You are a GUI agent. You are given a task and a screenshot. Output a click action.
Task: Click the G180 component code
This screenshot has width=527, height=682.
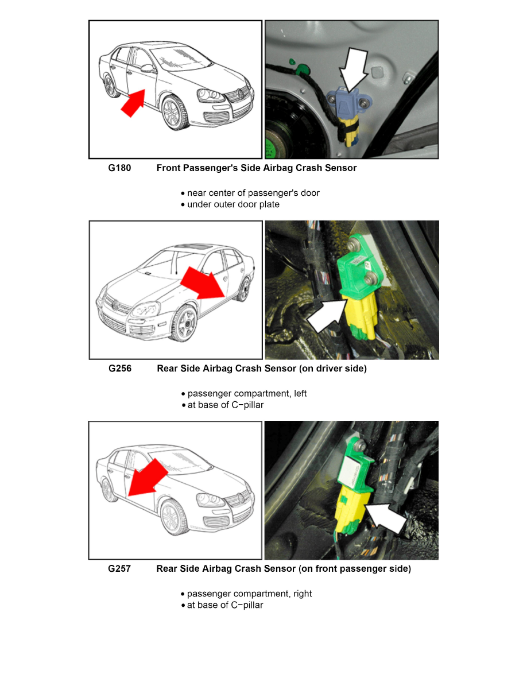pos(119,168)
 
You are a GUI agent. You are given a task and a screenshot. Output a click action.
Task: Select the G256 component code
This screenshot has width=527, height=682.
pos(120,369)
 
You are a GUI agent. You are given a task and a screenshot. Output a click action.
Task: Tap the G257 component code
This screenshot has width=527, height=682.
pos(119,568)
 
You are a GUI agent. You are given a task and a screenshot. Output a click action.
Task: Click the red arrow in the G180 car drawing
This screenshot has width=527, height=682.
pos(133,103)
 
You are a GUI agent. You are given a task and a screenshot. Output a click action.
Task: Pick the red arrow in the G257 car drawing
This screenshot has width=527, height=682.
pos(146,478)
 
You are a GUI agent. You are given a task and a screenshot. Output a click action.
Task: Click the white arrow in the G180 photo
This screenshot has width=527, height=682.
pos(354,69)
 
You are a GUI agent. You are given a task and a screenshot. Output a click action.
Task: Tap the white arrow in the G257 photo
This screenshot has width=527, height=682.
pos(386,518)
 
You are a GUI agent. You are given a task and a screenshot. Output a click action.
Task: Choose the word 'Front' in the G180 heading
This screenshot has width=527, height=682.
pos(168,168)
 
